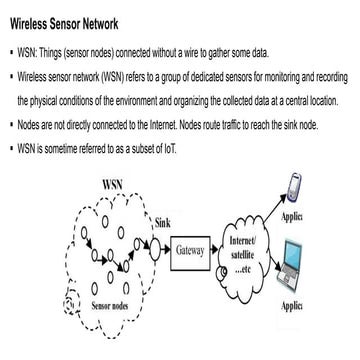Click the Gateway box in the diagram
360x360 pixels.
coord(190,251)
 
